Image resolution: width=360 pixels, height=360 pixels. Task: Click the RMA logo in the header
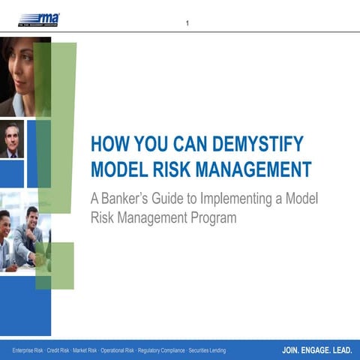[40, 18]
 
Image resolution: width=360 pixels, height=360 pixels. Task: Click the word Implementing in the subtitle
[249, 201]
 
